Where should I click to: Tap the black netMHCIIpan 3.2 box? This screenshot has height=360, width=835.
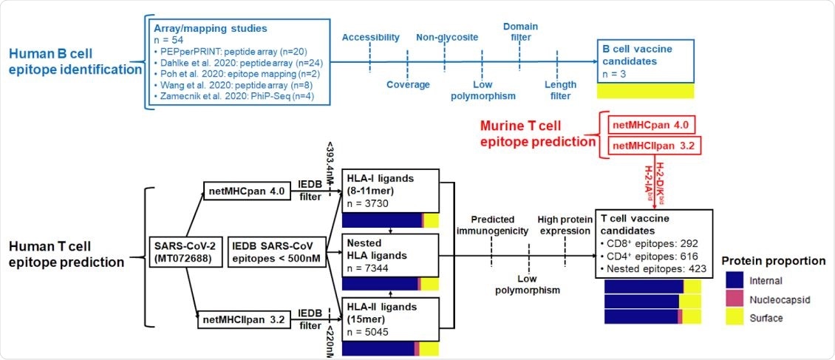coord(238,320)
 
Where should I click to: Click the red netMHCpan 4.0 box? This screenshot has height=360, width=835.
coord(650,124)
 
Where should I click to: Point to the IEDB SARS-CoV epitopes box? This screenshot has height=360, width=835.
coord(279,251)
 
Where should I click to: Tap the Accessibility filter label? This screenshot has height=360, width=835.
coord(370,38)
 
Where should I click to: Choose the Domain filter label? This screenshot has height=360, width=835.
coord(520,32)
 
